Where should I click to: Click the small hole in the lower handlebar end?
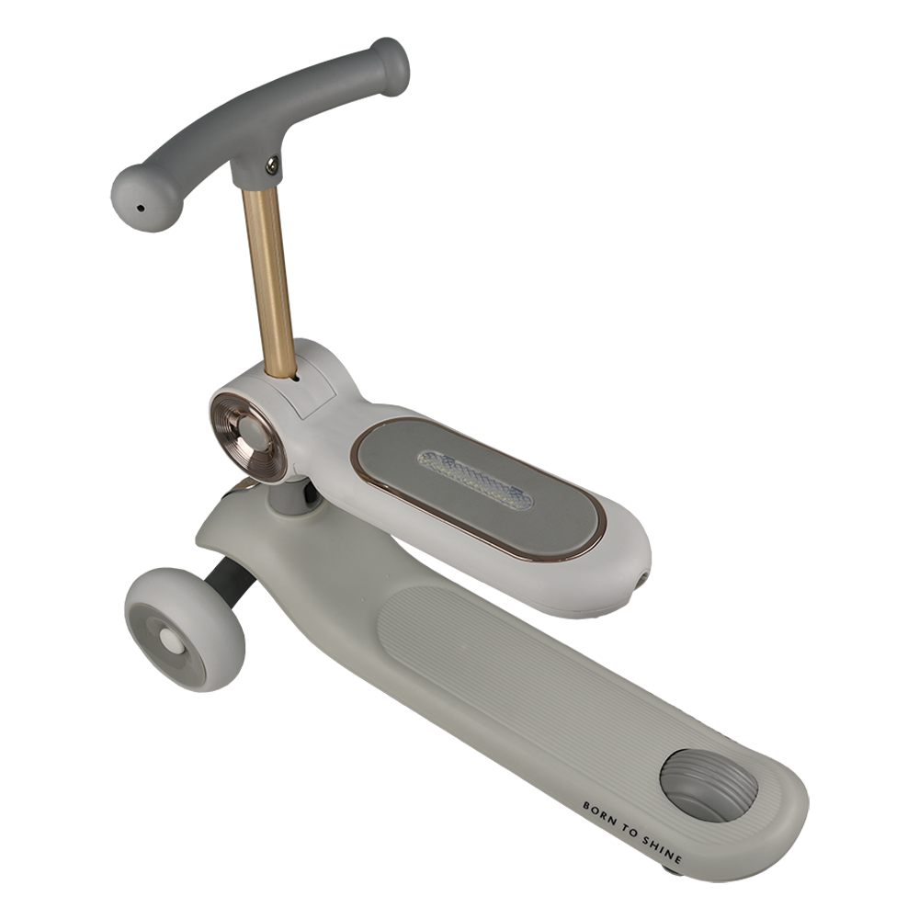click(x=140, y=208)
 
